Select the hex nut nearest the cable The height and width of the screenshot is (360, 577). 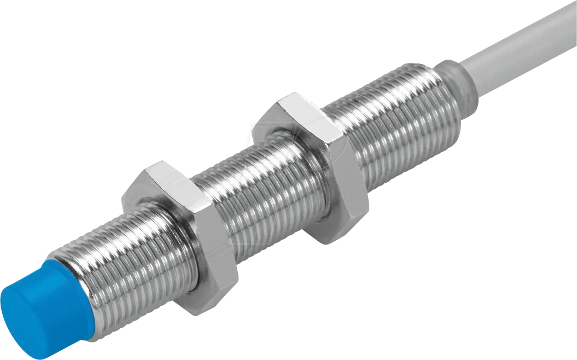(x=312, y=164)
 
